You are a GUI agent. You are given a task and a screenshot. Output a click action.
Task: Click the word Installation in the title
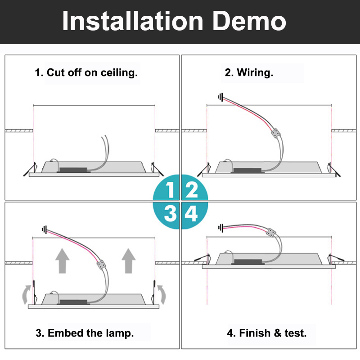click(133, 21)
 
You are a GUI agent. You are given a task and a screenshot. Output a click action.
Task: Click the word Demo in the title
click(249, 21)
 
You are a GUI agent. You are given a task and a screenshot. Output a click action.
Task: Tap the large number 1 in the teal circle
click(170, 190)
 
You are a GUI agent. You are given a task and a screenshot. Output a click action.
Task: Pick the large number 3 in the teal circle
click(170, 213)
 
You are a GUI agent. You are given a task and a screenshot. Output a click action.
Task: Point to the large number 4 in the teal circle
click(191, 213)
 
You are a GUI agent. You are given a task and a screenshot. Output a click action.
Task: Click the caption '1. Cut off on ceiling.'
click(86, 72)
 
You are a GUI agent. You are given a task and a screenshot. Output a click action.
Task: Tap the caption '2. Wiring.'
click(249, 72)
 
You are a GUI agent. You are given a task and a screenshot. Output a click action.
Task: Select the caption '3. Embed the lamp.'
click(85, 333)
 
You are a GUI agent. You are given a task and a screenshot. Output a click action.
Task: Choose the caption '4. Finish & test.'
click(267, 333)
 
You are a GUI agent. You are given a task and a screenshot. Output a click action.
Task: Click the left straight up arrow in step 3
click(62, 261)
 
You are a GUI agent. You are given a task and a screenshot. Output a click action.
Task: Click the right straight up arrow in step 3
click(128, 261)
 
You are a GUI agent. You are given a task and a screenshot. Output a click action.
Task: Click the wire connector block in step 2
click(276, 133)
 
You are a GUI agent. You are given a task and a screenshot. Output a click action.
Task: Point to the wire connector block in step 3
click(101, 265)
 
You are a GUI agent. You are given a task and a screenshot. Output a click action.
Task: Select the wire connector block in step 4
click(271, 233)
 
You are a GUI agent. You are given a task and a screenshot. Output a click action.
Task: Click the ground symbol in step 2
click(220, 97)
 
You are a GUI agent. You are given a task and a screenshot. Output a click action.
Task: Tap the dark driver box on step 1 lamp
click(73, 170)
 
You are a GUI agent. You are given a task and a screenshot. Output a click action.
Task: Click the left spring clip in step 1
click(30, 170)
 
